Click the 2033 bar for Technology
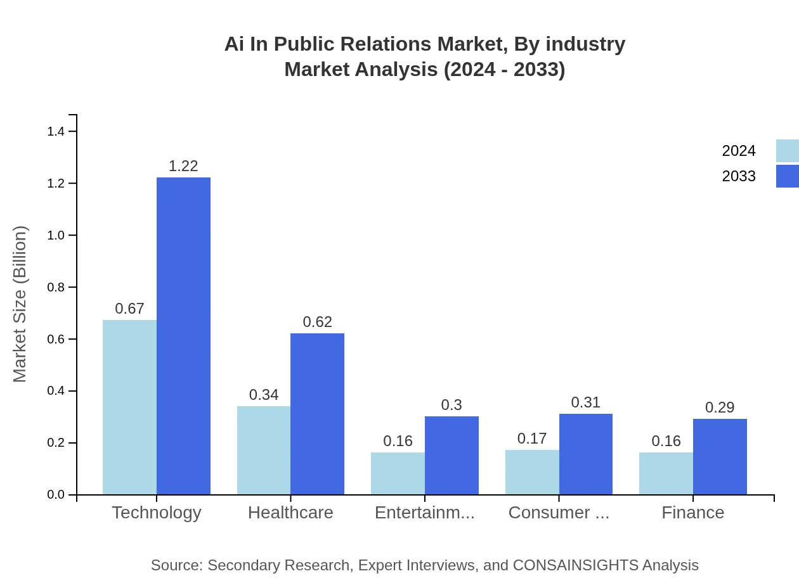(x=183, y=336)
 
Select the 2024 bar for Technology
(x=129, y=407)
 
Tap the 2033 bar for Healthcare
(x=317, y=414)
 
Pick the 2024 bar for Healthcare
(x=264, y=450)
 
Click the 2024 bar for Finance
(x=666, y=473)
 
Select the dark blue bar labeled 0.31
(x=585, y=454)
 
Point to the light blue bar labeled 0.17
(x=532, y=472)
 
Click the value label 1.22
(x=183, y=166)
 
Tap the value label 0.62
(x=317, y=322)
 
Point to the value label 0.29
(x=720, y=407)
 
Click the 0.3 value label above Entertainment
(x=451, y=405)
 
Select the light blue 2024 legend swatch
(x=787, y=151)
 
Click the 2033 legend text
(x=739, y=176)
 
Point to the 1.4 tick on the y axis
(x=56, y=131)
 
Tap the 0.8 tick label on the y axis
(x=56, y=287)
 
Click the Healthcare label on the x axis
(x=290, y=512)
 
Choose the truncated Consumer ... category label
(x=559, y=512)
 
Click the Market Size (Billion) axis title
(x=20, y=304)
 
